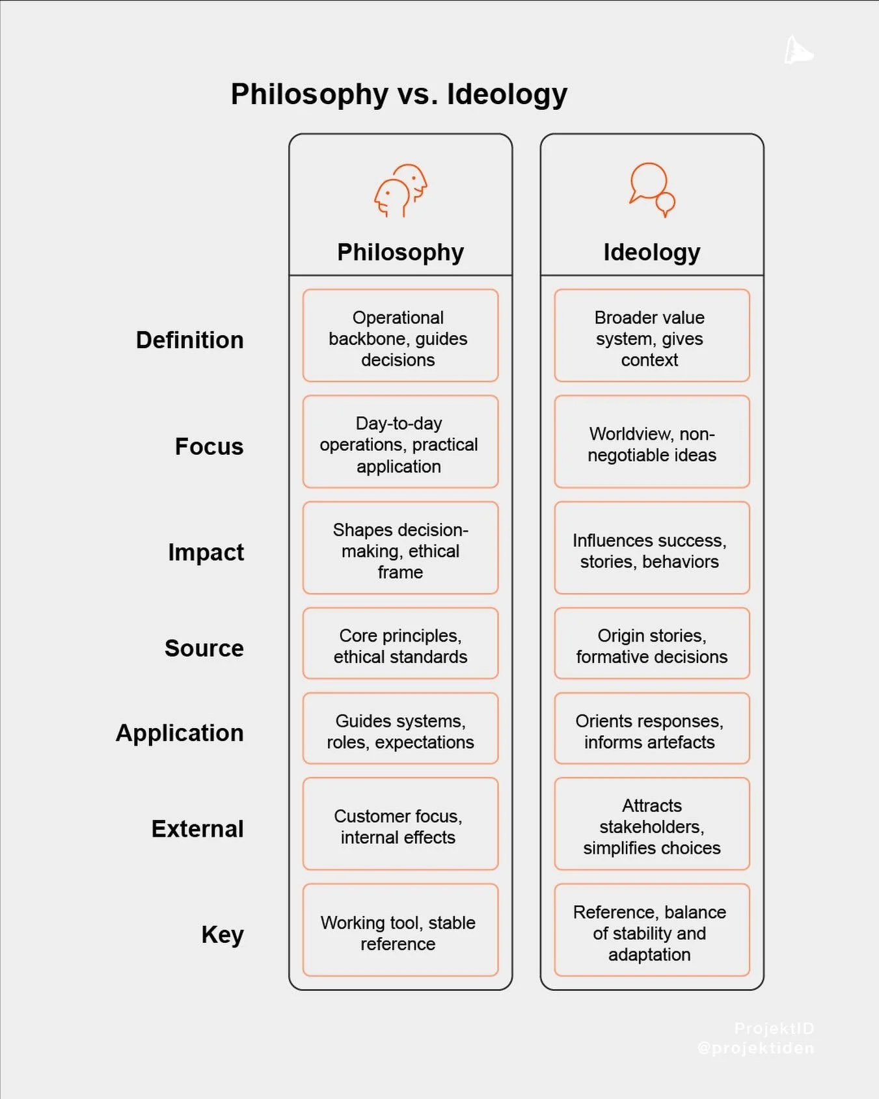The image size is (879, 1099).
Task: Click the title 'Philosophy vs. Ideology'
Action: click(x=399, y=94)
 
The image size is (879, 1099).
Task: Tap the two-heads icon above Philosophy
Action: click(x=401, y=190)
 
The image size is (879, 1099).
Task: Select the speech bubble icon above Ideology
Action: click(x=652, y=189)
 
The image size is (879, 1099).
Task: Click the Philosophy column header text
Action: click(x=400, y=252)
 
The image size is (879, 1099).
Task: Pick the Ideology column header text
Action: click(x=651, y=252)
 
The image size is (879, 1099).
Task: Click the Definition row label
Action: click(x=189, y=340)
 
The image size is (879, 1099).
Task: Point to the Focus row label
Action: click(x=209, y=446)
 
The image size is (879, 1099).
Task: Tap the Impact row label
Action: click(x=206, y=552)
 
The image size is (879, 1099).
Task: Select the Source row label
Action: click(x=204, y=648)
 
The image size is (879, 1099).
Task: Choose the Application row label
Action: click(x=180, y=733)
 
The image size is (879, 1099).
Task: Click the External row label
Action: click(x=197, y=829)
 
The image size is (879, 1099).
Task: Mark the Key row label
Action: click(x=222, y=935)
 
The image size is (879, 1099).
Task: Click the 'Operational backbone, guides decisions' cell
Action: click(x=400, y=336)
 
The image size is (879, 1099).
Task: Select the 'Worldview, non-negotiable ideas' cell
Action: click(x=652, y=442)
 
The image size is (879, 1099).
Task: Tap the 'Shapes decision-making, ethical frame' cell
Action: click(x=400, y=549)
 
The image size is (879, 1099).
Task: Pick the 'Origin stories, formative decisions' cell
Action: click(x=652, y=644)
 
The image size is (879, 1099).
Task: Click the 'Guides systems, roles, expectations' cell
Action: click(x=400, y=729)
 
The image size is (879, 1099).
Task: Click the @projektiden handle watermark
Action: click(x=755, y=1048)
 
